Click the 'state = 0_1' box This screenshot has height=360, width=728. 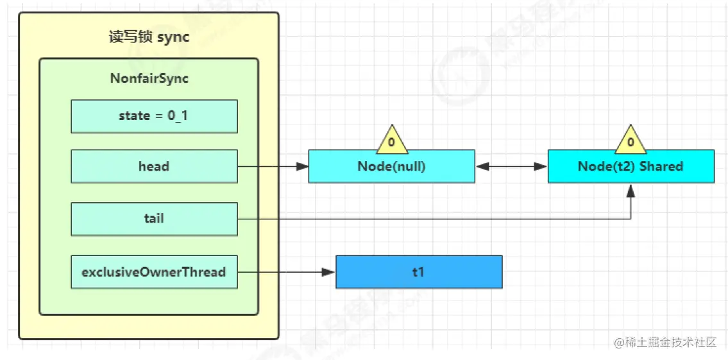154,116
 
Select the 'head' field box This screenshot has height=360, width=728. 154,166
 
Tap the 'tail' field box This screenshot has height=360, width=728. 154,219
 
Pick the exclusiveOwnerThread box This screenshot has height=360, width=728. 154,271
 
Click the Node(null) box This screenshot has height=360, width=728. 391,166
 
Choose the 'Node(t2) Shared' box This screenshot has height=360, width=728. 631,166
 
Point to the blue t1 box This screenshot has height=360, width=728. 419,271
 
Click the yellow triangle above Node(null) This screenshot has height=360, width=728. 391,141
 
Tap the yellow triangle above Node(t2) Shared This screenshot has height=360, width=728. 631,141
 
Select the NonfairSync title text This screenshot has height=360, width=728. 149,78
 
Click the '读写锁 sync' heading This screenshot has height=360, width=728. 149,37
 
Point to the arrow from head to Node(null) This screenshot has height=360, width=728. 273,166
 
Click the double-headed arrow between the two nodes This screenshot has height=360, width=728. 511,166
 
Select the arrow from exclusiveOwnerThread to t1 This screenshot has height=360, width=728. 287,272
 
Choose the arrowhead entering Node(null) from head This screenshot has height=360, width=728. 302,166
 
